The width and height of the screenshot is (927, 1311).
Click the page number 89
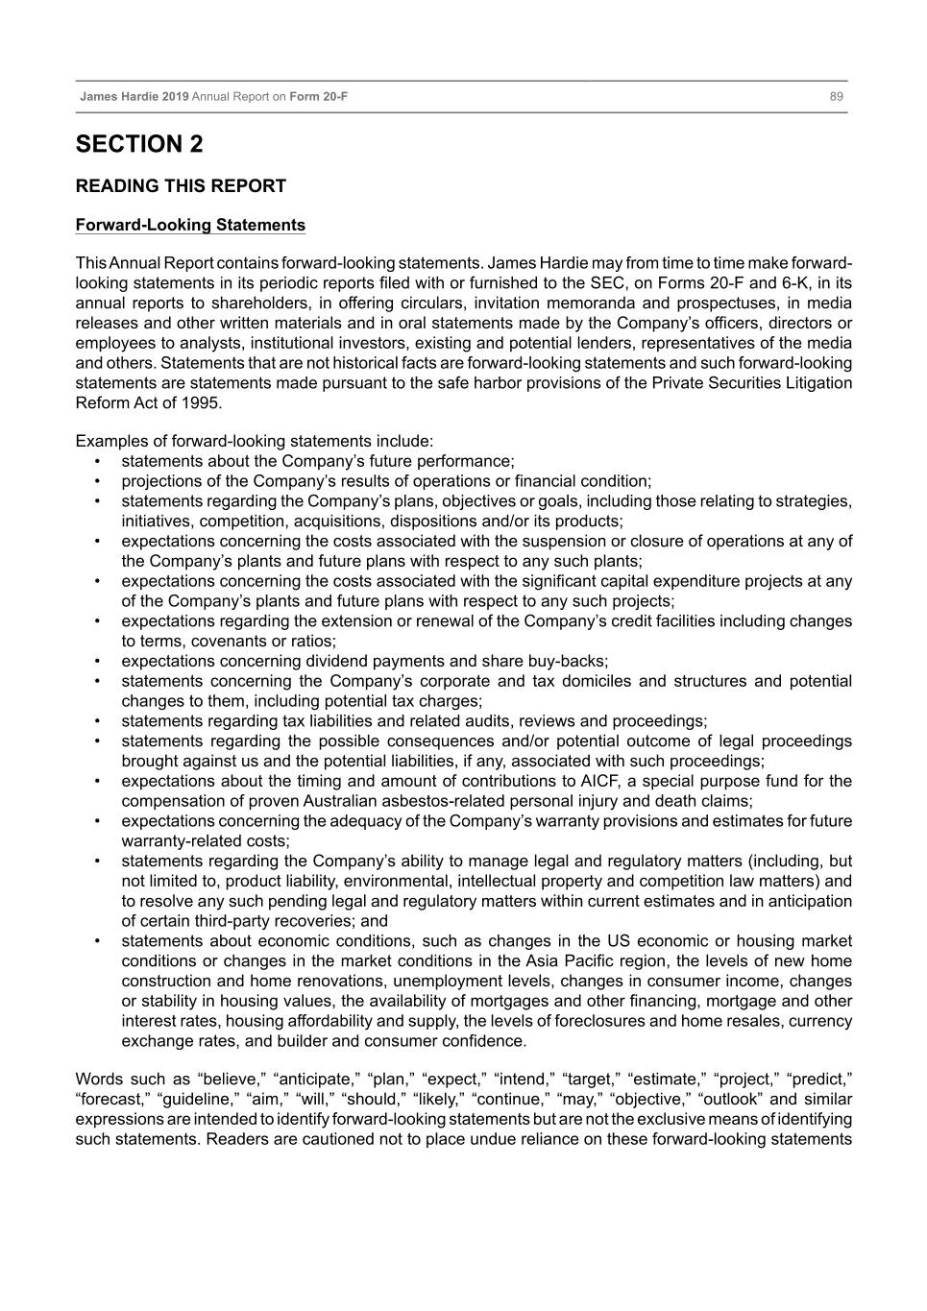(x=837, y=96)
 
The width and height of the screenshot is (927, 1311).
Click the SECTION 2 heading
(x=139, y=145)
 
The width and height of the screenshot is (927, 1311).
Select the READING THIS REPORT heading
(x=181, y=186)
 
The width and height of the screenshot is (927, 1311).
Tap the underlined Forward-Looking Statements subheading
(x=190, y=226)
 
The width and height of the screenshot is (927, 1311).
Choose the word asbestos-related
(x=455, y=802)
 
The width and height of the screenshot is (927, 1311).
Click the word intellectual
(x=503, y=882)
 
